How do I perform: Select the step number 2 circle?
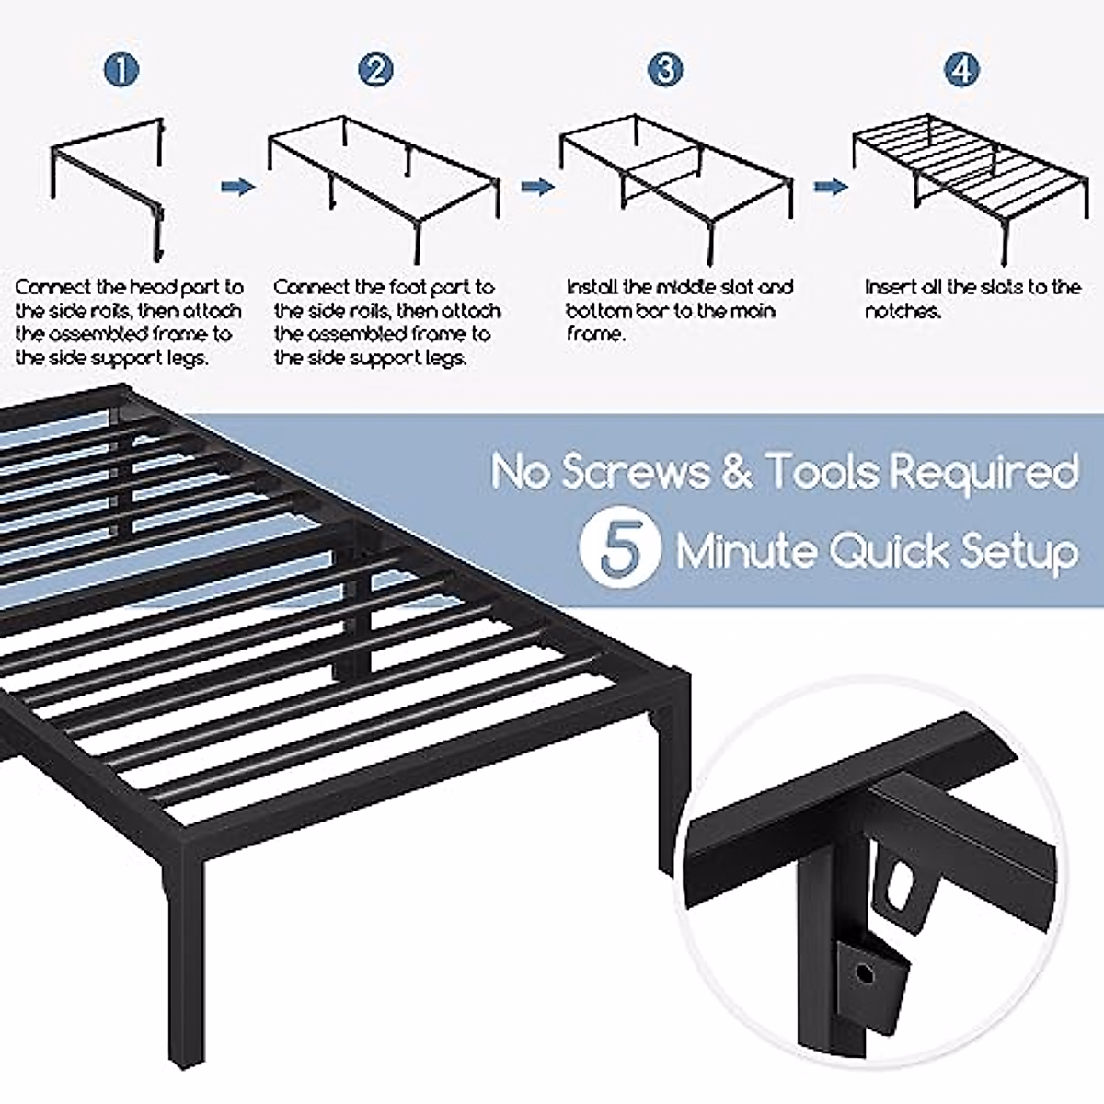[374, 70]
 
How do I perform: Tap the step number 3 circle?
[665, 70]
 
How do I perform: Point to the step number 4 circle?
[961, 70]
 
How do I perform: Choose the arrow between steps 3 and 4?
[830, 187]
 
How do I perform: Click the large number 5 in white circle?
[619, 550]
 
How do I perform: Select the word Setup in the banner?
[1019, 553]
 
